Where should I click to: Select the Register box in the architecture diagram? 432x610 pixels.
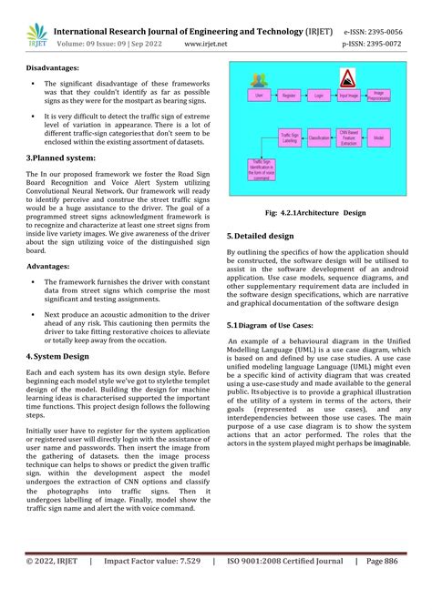coord(290,94)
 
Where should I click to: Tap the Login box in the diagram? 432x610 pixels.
coord(319,94)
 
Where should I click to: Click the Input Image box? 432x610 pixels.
coord(348,94)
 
